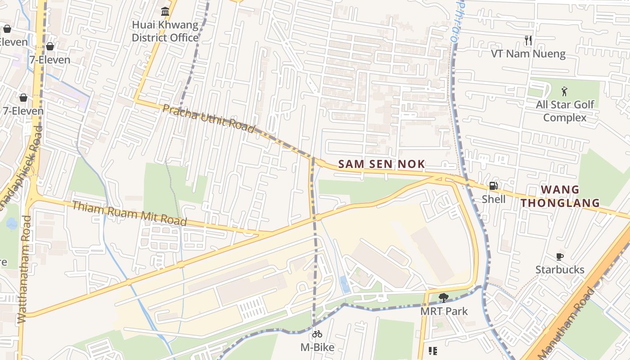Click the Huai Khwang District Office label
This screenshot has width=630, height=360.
coord(165,31)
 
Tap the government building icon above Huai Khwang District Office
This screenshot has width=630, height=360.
coord(165,11)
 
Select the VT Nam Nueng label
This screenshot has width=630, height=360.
coord(528,54)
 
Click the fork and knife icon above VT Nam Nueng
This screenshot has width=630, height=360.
coord(528,40)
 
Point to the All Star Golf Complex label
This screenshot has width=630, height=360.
coord(565,111)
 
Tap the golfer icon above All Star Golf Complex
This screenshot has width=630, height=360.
coord(564,92)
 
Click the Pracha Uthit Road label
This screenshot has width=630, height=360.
coord(209,118)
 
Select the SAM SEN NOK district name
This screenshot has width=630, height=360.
coord(382,164)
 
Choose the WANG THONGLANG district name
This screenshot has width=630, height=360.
coord(560,196)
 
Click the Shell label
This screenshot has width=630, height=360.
coord(494,199)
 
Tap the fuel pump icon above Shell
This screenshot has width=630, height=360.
coord(493,186)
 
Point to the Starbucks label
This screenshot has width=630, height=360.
coord(560,270)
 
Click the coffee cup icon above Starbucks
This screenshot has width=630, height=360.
coord(559,256)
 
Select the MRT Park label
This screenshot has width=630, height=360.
coord(444,311)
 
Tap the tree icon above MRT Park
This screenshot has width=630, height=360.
coord(443,298)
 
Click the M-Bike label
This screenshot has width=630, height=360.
coord(317,347)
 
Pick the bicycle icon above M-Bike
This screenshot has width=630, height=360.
coord(317,334)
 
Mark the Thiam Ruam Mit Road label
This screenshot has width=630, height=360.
coord(129,213)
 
